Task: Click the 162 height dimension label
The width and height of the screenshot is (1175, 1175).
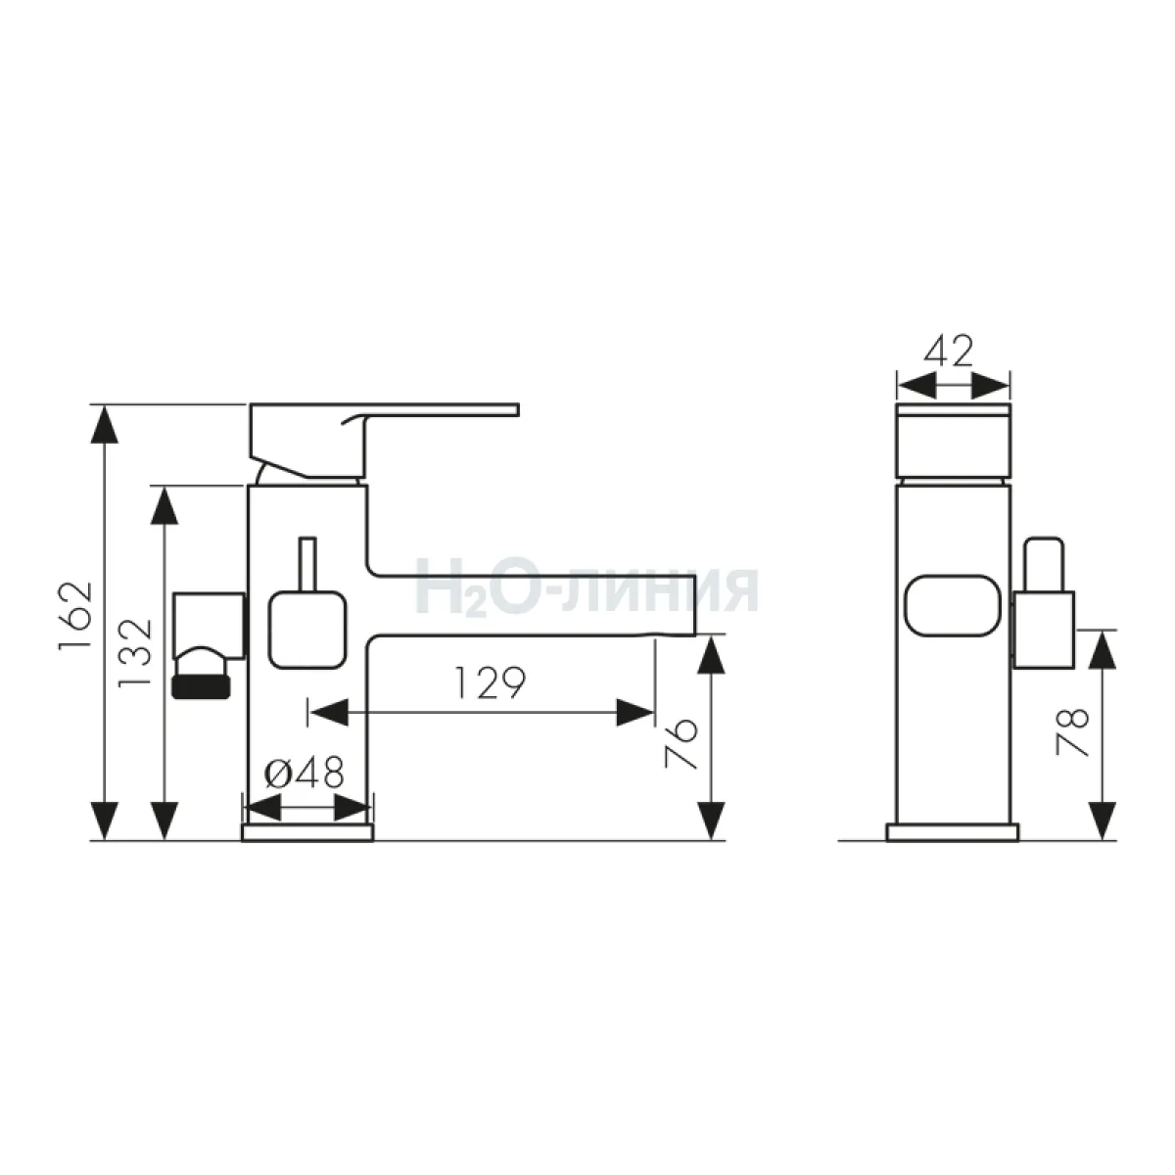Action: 75,617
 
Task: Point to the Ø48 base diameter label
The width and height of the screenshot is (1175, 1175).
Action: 304,774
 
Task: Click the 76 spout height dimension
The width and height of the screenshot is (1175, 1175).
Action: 680,743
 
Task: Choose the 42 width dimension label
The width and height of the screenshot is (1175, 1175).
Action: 948,352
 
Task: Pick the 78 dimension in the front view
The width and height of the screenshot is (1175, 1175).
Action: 1072,732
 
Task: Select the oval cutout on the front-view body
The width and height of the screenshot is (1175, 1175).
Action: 953,606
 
